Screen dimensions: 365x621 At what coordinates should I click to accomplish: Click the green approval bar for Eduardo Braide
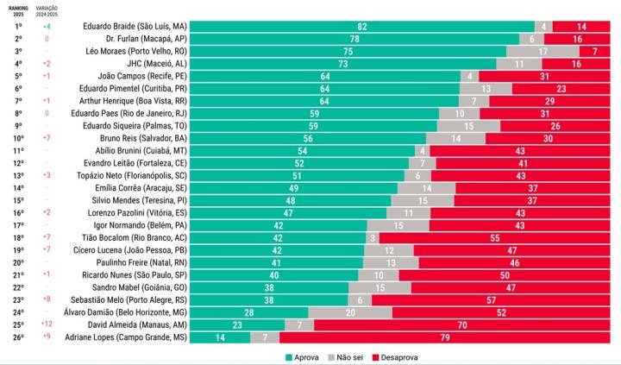(361, 27)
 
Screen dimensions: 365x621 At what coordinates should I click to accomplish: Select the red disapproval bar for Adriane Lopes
(445, 337)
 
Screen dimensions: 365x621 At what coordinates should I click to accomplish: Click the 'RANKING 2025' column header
(18, 9)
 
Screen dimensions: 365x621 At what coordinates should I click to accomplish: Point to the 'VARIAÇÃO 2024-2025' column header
(47, 9)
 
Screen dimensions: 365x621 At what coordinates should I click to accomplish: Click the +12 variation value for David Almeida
(47, 325)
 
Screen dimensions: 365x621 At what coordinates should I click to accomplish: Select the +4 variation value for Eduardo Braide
(47, 27)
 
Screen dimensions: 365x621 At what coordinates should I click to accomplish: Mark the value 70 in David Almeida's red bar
(462, 325)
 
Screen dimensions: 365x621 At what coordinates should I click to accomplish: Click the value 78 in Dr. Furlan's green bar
(354, 39)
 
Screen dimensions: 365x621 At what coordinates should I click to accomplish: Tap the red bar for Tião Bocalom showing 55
(495, 238)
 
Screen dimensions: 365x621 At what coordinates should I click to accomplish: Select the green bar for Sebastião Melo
(269, 300)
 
